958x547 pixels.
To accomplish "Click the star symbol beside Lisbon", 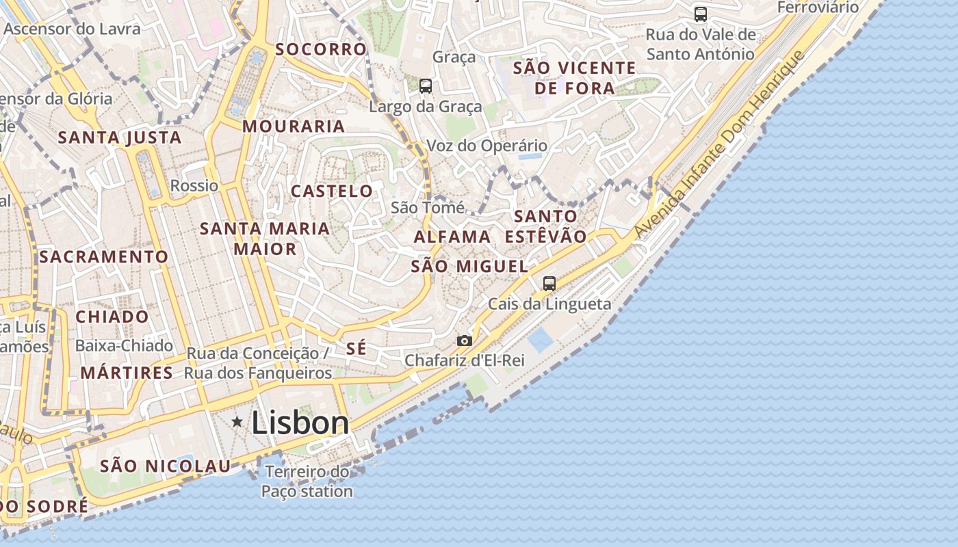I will click(x=237, y=422).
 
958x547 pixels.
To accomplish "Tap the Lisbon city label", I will click(x=300, y=423).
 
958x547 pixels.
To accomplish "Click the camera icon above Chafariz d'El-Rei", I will click(x=465, y=341).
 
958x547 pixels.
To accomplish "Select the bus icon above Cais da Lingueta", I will click(x=549, y=283).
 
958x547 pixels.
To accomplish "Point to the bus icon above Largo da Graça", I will click(x=426, y=86).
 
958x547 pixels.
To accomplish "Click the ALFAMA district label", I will click(x=452, y=237).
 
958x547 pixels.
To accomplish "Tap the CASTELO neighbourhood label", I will click(x=332, y=191).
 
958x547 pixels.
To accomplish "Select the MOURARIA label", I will click(x=294, y=126).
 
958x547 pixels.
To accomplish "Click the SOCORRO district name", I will click(x=321, y=49).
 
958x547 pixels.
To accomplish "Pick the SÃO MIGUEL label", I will click(x=469, y=267).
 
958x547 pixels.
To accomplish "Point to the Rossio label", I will click(x=194, y=186).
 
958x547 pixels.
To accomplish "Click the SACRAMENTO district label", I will click(x=103, y=257).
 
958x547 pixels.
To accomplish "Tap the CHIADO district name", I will click(x=112, y=317).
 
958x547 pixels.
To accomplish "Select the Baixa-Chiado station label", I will click(x=124, y=346).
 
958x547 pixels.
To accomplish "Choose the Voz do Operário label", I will click(x=487, y=146).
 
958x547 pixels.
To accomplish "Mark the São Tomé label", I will click(x=428, y=208).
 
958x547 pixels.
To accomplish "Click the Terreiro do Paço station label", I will click(x=307, y=481).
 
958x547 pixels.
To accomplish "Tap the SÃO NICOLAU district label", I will click(x=165, y=466).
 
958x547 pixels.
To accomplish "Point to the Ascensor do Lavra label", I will click(x=72, y=29).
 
